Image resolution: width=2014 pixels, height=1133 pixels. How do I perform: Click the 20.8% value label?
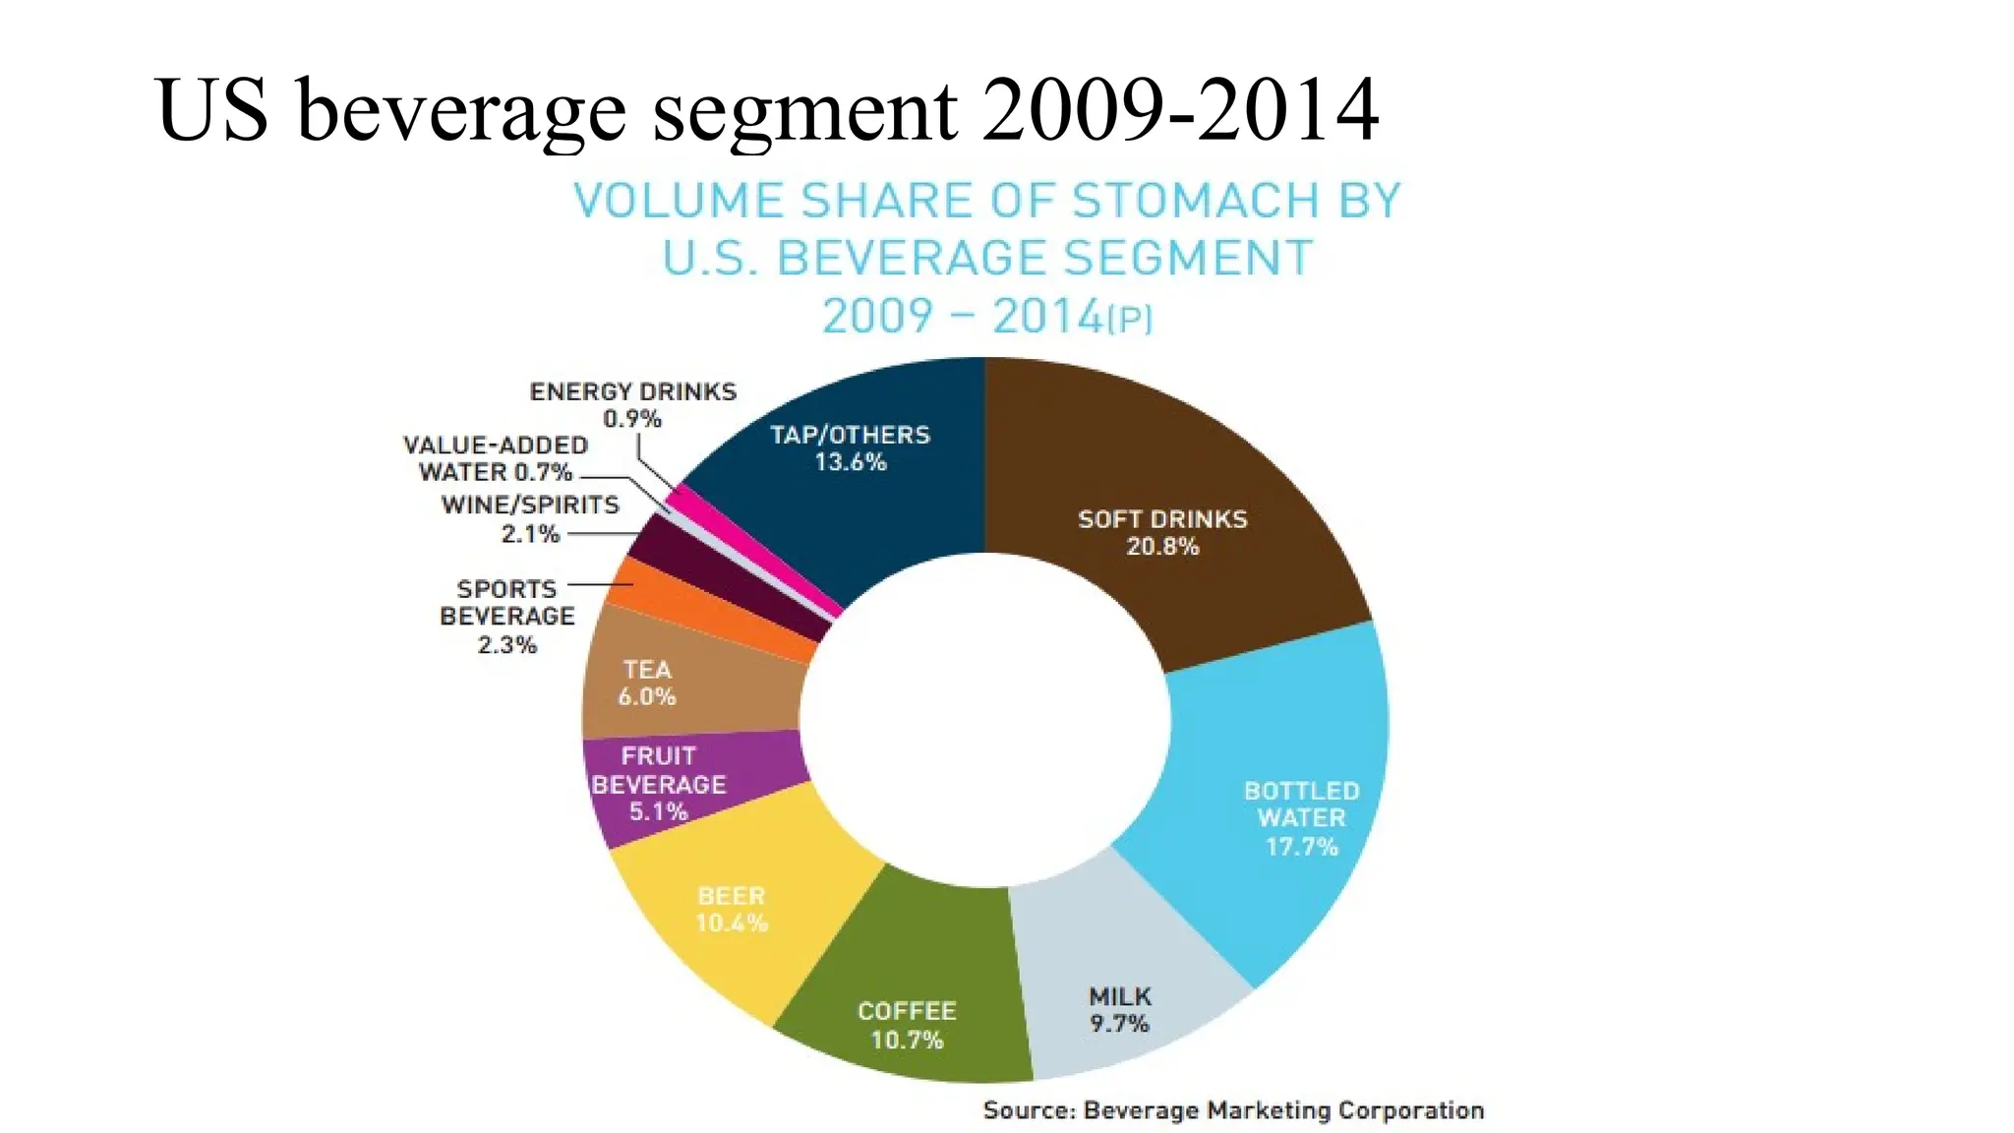click(1162, 547)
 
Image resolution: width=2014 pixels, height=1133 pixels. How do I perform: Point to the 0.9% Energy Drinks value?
click(632, 419)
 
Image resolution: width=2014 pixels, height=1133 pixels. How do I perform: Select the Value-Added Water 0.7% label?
click(496, 459)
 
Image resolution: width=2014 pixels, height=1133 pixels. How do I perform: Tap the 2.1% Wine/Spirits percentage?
click(530, 534)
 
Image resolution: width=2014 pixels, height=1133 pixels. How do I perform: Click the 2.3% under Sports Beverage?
click(506, 645)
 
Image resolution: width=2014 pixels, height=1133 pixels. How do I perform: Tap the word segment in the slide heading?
click(804, 110)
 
